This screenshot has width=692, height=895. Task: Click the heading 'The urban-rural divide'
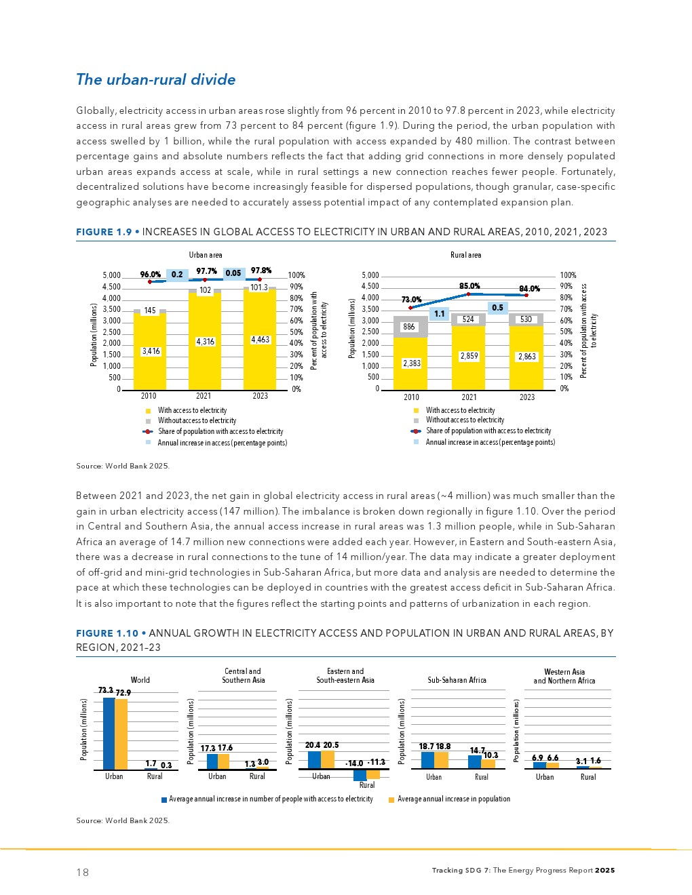tap(155, 79)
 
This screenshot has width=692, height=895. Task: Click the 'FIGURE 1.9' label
tap(104, 232)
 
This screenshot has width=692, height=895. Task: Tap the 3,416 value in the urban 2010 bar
tap(151, 351)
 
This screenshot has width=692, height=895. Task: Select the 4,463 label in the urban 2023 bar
tap(261, 340)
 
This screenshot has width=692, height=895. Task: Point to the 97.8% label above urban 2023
tap(261, 271)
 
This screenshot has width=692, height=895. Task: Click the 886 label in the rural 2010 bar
tap(409, 327)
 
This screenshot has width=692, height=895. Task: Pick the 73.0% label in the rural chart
tap(411, 299)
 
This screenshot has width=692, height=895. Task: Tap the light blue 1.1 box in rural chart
tap(440, 314)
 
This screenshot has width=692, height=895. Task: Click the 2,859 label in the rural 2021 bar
tap(469, 356)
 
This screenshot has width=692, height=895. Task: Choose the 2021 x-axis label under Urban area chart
tap(204, 396)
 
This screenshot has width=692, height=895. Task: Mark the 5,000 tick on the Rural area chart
tap(370, 275)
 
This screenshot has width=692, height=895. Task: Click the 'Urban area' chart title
tap(206, 255)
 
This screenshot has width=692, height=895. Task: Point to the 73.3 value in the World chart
tap(105, 690)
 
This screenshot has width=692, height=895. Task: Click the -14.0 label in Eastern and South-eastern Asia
tap(354, 763)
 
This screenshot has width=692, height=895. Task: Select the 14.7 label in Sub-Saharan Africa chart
tap(477, 750)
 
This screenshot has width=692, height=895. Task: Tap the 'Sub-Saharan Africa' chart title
tap(457, 680)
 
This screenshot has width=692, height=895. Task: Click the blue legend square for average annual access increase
tap(164, 800)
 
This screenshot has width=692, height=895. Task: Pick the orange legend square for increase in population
tap(391, 800)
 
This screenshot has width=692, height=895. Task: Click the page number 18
tap(82, 872)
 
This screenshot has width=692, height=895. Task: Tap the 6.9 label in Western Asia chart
tap(537, 758)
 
